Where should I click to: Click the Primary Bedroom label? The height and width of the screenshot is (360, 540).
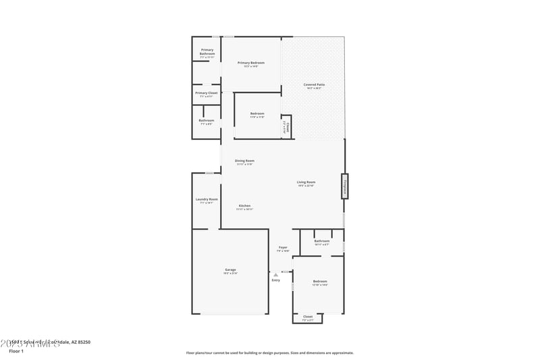(x=250, y=63)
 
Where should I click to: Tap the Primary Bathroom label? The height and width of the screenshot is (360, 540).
(x=207, y=51)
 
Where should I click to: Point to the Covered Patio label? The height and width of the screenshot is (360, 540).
(x=314, y=84)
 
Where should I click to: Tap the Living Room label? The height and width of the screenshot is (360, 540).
(x=306, y=182)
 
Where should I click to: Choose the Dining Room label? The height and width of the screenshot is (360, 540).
(x=244, y=161)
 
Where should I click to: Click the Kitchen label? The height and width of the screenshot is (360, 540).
(x=244, y=205)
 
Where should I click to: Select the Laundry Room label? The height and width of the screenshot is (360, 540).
(x=207, y=199)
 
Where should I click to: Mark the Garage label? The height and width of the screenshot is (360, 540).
(x=230, y=269)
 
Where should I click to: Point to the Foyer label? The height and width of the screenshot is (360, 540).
(x=283, y=247)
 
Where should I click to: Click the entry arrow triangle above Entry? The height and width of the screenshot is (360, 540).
(x=275, y=274)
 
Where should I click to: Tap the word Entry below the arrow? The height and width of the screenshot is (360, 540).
(x=275, y=280)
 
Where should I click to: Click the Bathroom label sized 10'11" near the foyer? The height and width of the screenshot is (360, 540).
(x=322, y=241)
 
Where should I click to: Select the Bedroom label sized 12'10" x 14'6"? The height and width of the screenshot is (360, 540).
(x=320, y=281)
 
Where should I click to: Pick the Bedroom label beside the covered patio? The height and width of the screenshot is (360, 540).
(x=257, y=113)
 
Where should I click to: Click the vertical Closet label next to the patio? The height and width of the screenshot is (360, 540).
(x=287, y=126)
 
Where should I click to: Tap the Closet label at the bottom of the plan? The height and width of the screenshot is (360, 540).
(x=308, y=316)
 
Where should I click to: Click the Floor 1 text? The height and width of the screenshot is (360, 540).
(x=16, y=351)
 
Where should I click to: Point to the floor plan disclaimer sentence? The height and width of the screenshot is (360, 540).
(x=269, y=353)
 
